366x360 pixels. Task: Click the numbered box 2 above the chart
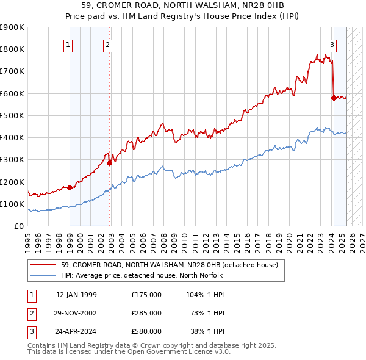click(x=107, y=44)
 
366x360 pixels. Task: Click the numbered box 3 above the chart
click(x=332, y=44)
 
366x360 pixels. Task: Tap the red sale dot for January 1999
click(x=70, y=187)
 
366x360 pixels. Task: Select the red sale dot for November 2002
click(x=109, y=163)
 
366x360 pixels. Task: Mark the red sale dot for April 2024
click(x=333, y=98)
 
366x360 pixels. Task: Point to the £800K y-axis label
click(x=12, y=49)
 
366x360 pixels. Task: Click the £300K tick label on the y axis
click(x=12, y=160)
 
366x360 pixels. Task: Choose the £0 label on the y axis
click(x=18, y=226)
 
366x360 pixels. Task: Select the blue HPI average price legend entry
click(x=164, y=275)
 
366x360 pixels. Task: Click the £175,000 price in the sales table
click(x=146, y=294)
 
